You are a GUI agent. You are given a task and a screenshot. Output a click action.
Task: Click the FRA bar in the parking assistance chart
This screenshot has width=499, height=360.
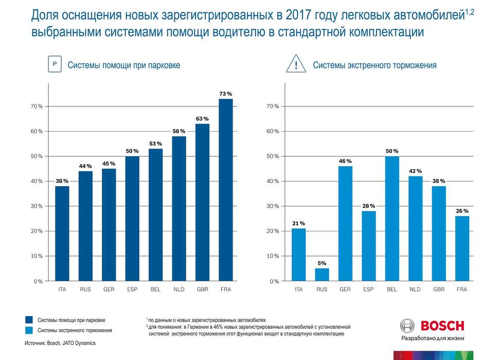[x=226, y=190]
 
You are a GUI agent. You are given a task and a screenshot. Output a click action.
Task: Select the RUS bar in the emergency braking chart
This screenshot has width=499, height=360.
[x=322, y=275]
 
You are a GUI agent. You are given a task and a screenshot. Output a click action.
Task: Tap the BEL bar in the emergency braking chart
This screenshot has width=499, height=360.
[x=392, y=219]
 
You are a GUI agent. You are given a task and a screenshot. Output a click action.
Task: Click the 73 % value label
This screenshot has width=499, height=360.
[x=226, y=94]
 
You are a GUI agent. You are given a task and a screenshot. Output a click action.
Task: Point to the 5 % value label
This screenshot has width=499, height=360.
[x=322, y=263]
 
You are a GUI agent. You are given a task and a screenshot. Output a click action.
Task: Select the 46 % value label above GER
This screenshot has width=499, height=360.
[x=345, y=161]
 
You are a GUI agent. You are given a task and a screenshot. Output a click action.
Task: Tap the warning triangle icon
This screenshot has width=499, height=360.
[x=296, y=65]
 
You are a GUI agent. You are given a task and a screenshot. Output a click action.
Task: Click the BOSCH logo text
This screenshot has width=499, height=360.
[x=442, y=326]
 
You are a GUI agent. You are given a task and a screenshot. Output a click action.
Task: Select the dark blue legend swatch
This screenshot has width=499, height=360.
[x=29, y=320]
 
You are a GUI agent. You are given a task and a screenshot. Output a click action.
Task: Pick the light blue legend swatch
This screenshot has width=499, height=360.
[x=29, y=330]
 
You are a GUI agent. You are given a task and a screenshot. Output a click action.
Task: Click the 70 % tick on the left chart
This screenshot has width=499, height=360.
[x=37, y=106]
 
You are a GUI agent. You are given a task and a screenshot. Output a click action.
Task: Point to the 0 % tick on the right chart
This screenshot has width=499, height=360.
[x=273, y=281]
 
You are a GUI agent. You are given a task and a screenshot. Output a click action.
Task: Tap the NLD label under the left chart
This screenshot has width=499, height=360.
[x=179, y=290]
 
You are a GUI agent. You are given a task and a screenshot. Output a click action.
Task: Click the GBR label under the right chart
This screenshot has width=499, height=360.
[x=439, y=290]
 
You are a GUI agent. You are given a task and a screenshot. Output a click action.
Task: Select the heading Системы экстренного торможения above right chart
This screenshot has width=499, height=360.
[x=375, y=65]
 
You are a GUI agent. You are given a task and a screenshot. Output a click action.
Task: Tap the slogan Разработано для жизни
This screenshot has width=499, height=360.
[x=432, y=338]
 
